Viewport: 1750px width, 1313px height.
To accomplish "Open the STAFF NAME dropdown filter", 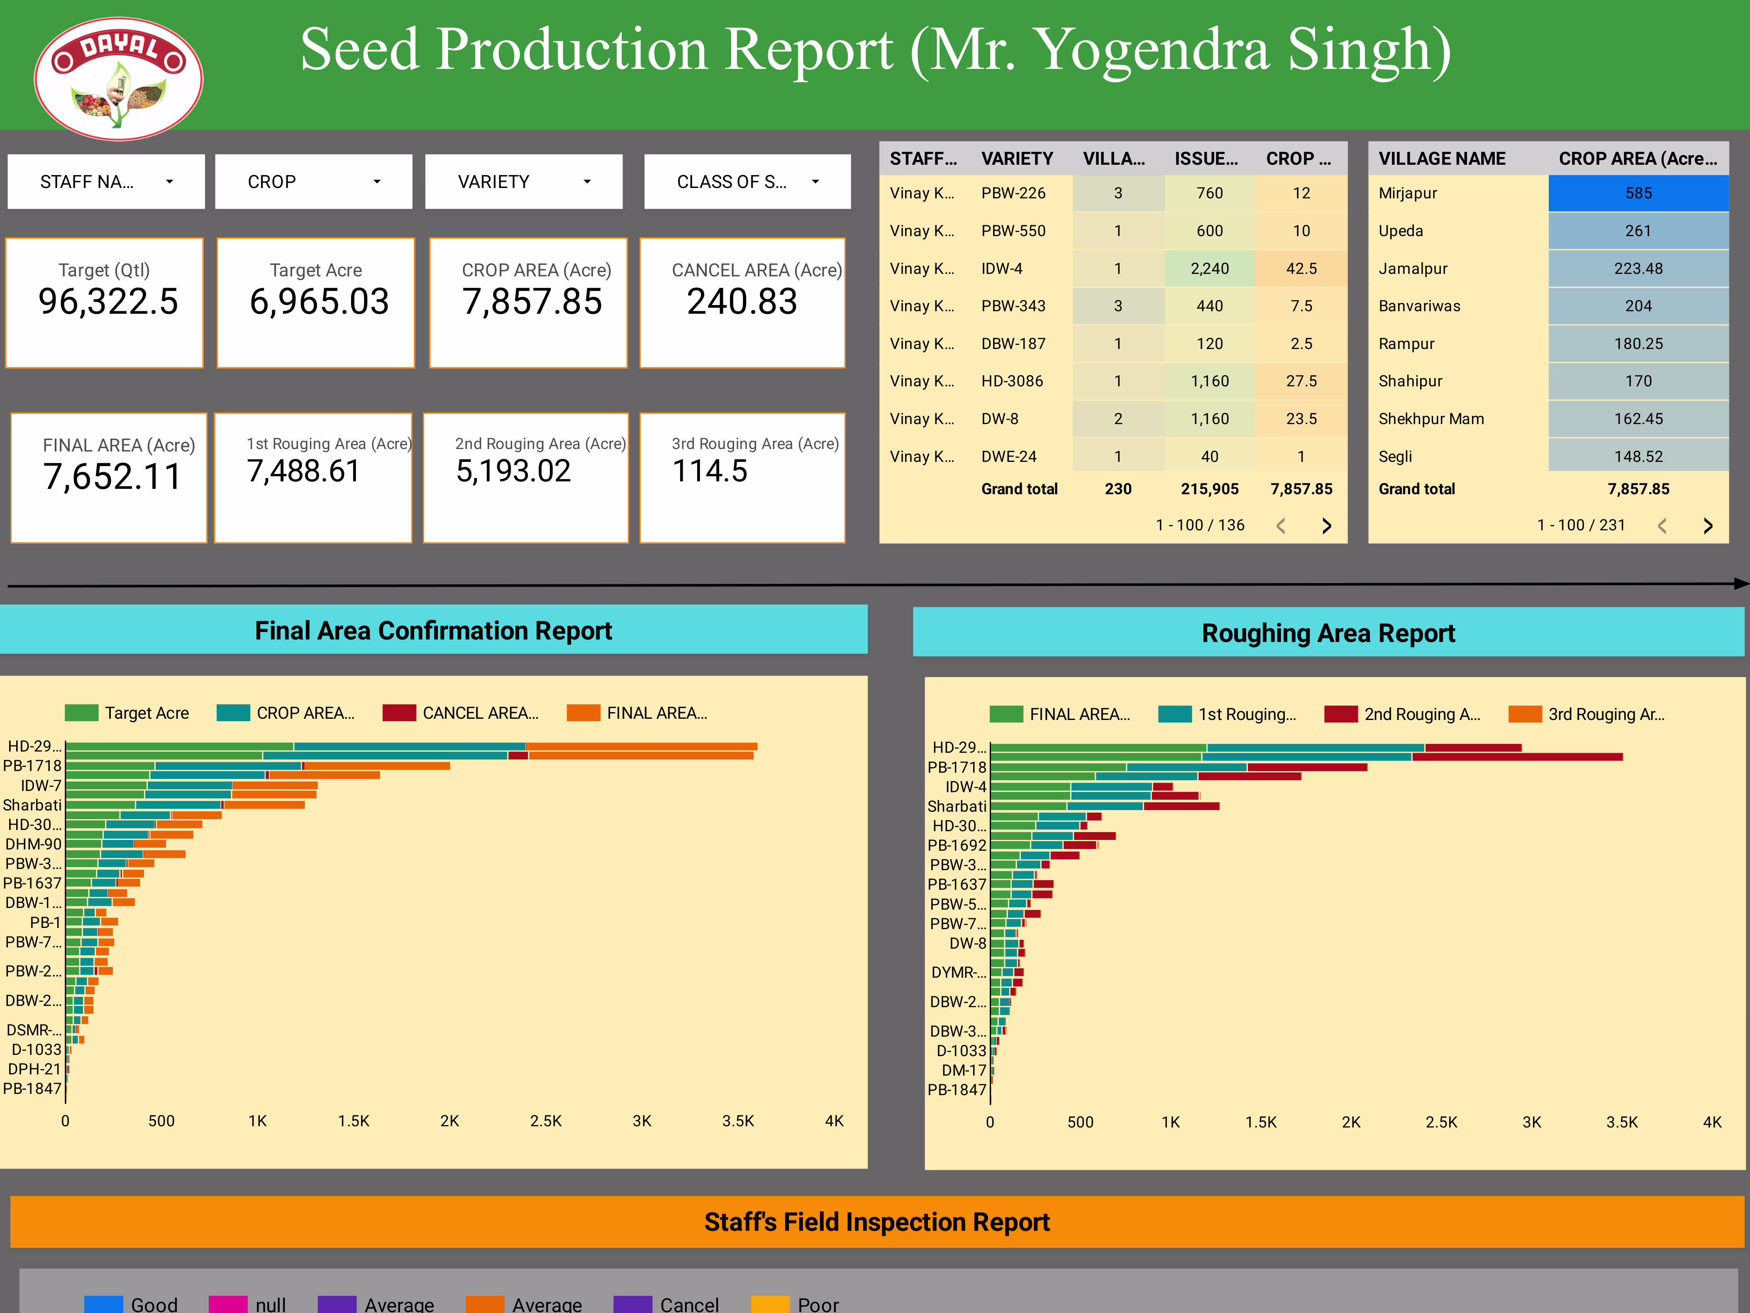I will (x=106, y=182).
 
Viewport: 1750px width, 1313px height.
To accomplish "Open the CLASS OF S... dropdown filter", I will (x=747, y=182).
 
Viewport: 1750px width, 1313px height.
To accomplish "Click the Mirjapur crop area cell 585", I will (x=1638, y=193).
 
